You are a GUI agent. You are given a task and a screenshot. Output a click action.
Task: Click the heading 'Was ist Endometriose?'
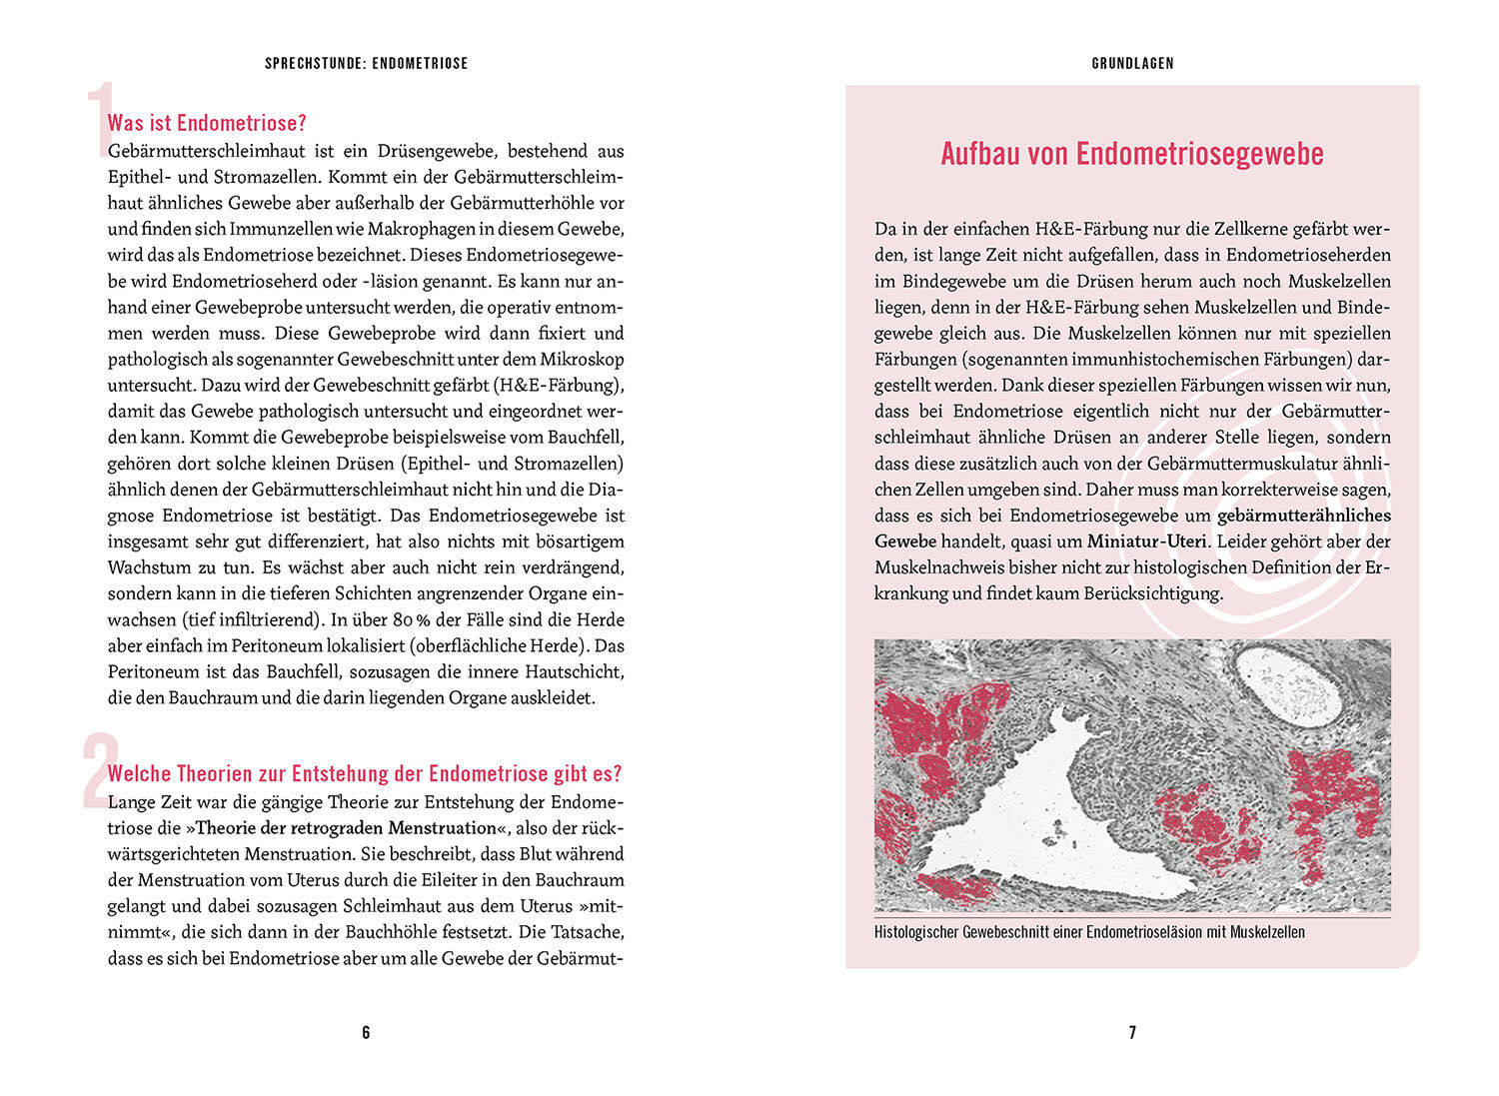click(207, 123)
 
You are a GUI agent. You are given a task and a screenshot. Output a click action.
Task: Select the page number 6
click(366, 1032)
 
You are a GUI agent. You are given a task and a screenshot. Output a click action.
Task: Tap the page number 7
click(1132, 1032)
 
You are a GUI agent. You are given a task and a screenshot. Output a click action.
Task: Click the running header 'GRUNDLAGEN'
click(1132, 63)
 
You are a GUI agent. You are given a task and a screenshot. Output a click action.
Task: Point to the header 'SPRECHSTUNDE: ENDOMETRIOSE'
click(366, 63)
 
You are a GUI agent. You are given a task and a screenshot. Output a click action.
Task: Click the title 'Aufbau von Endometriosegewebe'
click(1132, 154)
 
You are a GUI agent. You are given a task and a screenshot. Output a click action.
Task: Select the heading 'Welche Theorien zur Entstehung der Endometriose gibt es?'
click(365, 773)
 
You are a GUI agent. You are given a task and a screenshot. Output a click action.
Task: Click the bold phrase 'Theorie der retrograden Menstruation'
click(346, 828)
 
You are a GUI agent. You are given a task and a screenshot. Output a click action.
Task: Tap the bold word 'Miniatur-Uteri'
click(1147, 542)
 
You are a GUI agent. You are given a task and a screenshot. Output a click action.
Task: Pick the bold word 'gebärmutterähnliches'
click(1303, 516)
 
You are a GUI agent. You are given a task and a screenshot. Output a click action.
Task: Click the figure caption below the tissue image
click(1089, 932)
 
